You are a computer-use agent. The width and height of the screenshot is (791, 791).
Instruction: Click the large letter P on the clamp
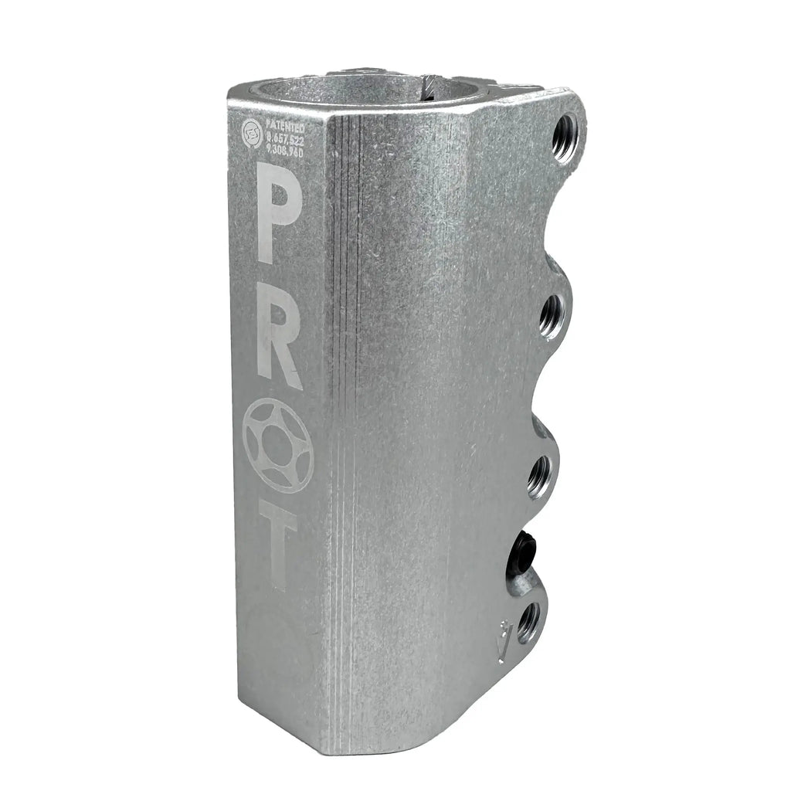coord(276,199)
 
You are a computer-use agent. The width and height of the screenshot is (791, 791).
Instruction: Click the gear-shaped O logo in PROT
coord(277,445)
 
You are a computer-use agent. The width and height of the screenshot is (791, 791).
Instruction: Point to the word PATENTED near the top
coord(285,124)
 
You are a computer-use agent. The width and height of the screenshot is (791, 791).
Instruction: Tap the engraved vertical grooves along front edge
coord(344,386)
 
